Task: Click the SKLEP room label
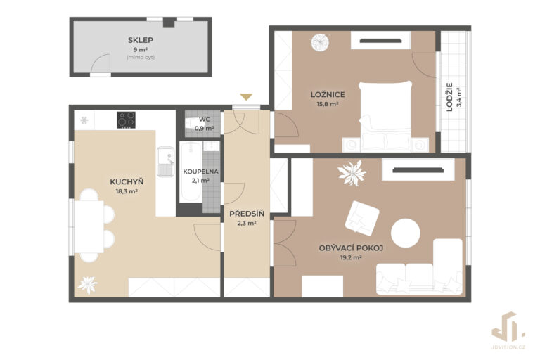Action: click(x=141, y=40)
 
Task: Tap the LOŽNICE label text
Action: click(x=328, y=94)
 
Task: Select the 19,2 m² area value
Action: click(x=351, y=257)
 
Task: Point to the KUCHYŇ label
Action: click(x=127, y=181)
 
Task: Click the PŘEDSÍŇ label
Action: click(x=247, y=214)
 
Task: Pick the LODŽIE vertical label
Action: click(x=449, y=97)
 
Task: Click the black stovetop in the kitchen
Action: click(x=126, y=120)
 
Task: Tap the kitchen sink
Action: click(x=166, y=162)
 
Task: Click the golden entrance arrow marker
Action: click(x=246, y=97)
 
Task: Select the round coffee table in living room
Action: click(x=405, y=233)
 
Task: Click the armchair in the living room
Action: click(x=362, y=219)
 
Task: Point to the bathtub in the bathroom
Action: click(x=191, y=172)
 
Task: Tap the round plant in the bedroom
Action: click(x=320, y=42)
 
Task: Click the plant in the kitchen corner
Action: click(x=87, y=285)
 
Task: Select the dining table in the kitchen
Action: click(x=89, y=226)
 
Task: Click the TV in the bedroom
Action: click(x=380, y=41)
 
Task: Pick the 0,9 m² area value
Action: click(x=204, y=128)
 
